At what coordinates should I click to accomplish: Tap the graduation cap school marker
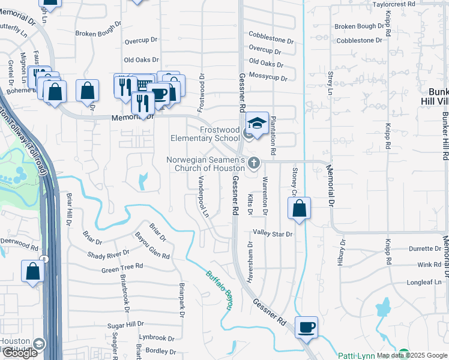coord(257,124)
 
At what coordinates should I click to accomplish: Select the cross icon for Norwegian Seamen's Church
coord(254,163)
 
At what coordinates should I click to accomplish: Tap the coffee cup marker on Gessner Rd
coord(306,327)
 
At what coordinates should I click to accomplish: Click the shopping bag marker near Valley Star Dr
coord(299,209)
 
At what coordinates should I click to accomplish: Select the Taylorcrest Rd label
coord(394,4)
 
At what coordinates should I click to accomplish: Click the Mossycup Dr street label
coord(269,77)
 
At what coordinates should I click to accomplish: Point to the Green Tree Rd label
coord(122,266)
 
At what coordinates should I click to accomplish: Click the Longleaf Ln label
coord(424,282)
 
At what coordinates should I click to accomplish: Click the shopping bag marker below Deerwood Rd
coord(32,271)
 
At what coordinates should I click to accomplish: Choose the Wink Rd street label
coord(429,265)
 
